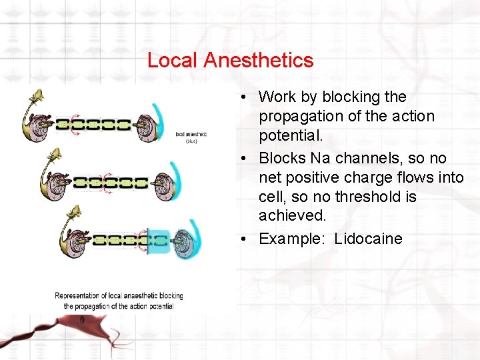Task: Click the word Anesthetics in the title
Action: click(259, 61)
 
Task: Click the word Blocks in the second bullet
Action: click(281, 158)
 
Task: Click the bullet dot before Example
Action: click(245, 239)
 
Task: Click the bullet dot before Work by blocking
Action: click(245, 97)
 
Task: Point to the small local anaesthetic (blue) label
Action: click(191, 137)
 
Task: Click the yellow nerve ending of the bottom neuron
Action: click(74, 213)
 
